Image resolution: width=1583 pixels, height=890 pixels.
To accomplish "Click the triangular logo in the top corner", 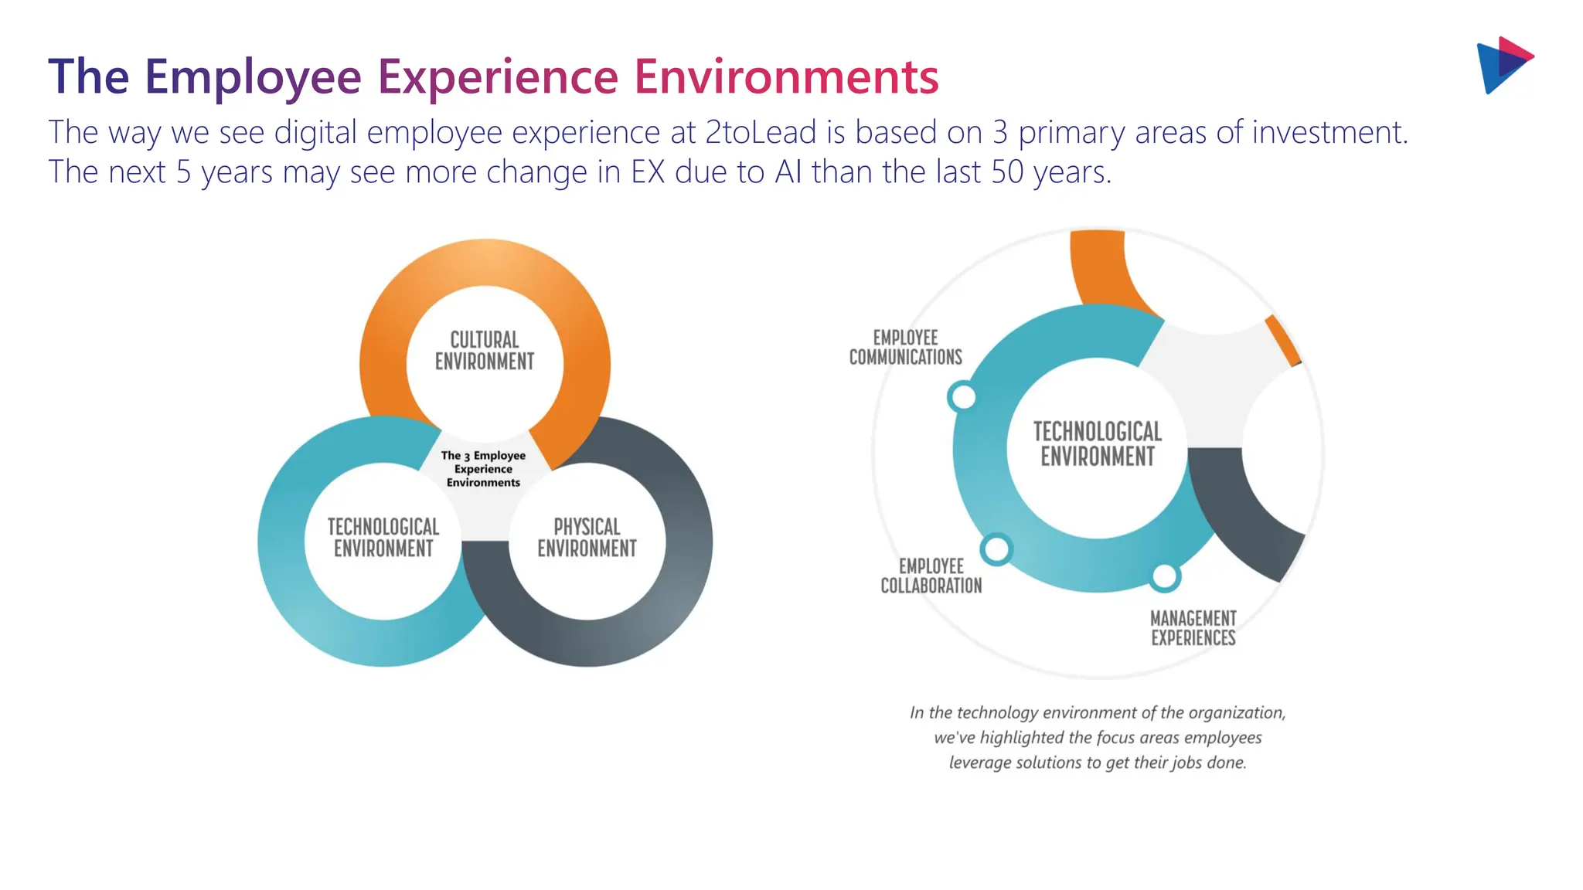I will click(1503, 65).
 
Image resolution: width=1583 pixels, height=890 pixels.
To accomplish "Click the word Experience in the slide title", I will click(498, 77).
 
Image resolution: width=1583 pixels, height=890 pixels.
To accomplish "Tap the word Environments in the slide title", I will click(786, 77).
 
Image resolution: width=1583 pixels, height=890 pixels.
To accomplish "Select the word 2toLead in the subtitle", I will click(761, 133).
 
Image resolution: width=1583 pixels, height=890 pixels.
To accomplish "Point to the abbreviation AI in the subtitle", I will click(788, 172).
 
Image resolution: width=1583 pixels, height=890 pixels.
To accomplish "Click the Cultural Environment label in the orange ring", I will click(485, 351).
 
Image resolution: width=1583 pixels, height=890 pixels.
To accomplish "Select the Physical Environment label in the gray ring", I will click(587, 538).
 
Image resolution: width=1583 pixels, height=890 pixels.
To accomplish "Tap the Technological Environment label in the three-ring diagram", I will click(383, 538).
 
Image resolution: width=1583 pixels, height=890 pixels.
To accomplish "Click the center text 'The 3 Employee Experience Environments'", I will click(483, 469).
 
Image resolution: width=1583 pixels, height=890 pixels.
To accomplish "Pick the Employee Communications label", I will click(905, 348).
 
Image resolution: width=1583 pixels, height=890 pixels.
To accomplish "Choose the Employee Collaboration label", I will click(931, 576).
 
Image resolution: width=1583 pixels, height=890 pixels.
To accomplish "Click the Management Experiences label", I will click(1193, 628).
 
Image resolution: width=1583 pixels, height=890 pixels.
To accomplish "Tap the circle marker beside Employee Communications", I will click(962, 397).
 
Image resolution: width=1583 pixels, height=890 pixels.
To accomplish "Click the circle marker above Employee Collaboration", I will click(996, 549).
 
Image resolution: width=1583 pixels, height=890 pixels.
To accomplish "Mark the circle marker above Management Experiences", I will click(1164, 576).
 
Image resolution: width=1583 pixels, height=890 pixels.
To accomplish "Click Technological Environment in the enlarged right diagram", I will click(1097, 444).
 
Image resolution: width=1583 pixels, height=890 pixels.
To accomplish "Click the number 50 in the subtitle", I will click(1007, 172).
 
